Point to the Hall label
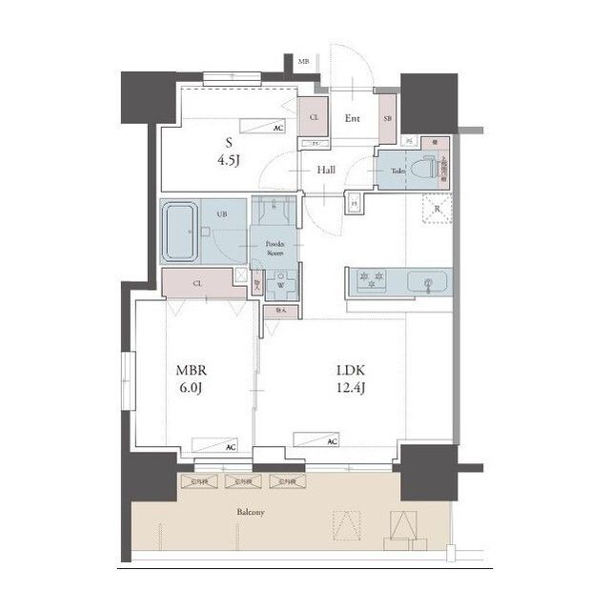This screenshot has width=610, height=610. click(326, 170)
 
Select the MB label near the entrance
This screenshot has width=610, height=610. click(304, 62)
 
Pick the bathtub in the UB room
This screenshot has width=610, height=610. click(178, 233)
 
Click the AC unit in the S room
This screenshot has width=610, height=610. click(262, 125)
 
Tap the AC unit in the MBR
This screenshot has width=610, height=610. click(214, 444)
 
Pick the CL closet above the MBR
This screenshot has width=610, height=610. click(197, 283)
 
